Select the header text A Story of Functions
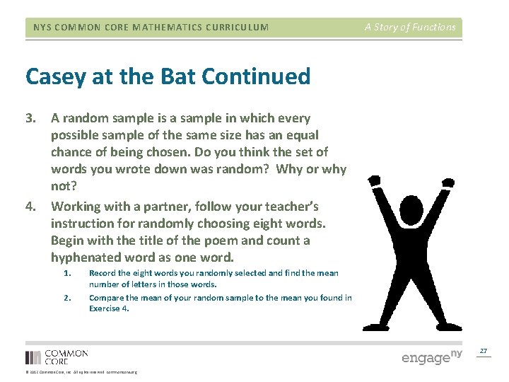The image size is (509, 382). tap(410, 28)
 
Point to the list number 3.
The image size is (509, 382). tap(31, 118)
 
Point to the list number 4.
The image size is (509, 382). tap(31, 207)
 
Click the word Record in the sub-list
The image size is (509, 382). tap(103, 272)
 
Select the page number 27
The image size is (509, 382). tap(484, 351)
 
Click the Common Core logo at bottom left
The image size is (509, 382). tap(57, 357)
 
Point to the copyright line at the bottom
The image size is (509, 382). tap(81, 372)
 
